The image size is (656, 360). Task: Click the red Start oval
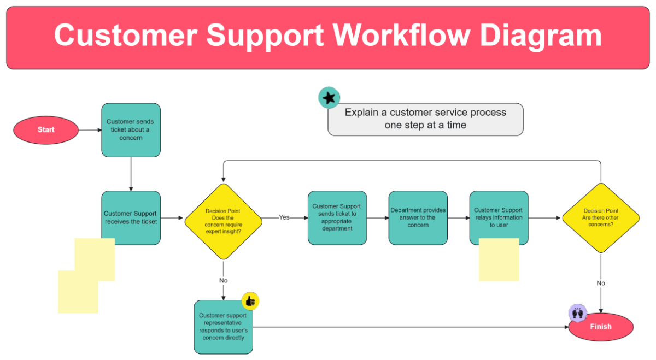[x=46, y=130]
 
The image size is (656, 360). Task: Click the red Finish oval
[x=601, y=327]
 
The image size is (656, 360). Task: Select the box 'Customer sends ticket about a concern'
[x=131, y=130]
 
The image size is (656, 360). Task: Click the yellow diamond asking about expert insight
[x=223, y=221]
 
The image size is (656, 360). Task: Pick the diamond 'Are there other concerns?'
[x=601, y=217]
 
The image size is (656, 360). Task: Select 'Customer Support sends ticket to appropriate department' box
[x=337, y=217]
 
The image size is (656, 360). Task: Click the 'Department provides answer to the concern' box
[x=418, y=217]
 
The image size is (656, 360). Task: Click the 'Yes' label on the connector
[x=284, y=217]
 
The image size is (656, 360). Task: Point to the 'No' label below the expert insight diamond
[x=223, y=280]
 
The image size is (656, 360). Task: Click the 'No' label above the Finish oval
[x=601, y=283]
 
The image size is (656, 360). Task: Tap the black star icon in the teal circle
[x=329, y=98]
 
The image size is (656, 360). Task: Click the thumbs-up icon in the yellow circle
[x=250, y=301]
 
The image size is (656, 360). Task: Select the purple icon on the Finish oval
[x=577, y=314]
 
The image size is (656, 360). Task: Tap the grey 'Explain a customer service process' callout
[x=425, y=119]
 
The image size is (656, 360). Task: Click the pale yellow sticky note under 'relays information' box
[x=499, y=262]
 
